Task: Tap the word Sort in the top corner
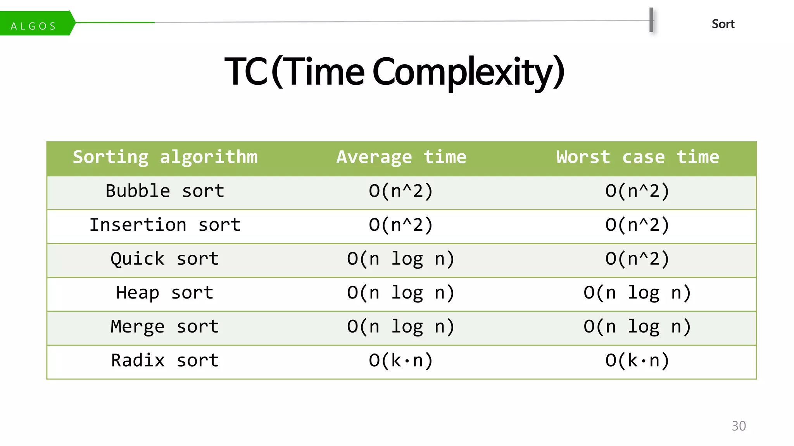tap(723, 24)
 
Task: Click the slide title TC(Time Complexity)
tap(394, 71)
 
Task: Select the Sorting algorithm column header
tap(165, 157)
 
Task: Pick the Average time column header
tap(401, 157)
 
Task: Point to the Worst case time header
tap(638, 157)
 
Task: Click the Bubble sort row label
tap(165, 191)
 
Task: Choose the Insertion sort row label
tap(165, 225)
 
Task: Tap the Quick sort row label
tap(165, 259)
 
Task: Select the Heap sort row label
tap(165, 293)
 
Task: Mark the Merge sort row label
tap(165, 327)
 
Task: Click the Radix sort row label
tap(165, 360)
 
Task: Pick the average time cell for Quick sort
tap(401, 259)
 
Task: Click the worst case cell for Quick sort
tap(637, 259)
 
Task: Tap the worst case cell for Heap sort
tap(637, 293)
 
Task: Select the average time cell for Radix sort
tap(401, 360)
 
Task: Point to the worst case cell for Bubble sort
tap(637, 191)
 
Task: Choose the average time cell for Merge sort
tap(401, 327)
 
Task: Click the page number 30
tap(739, 426)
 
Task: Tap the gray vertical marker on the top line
tap(651, 20)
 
